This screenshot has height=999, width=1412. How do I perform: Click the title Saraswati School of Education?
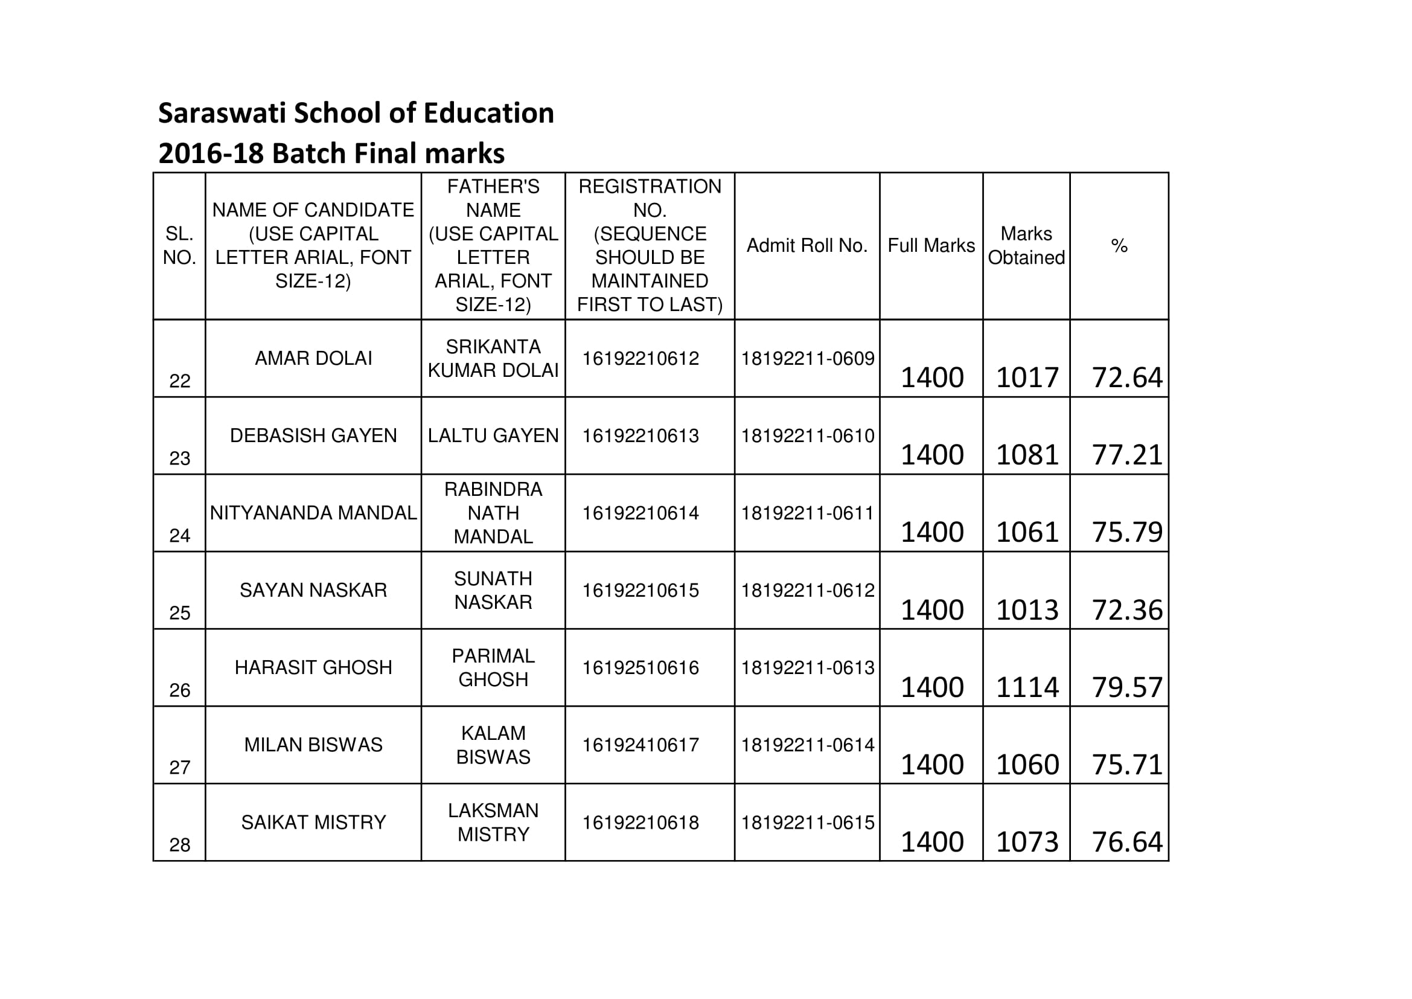click(x=356, y=113)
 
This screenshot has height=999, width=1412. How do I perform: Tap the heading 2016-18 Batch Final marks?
click(x=331, y=153)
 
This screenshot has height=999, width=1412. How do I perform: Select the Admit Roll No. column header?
click(x=807, y=245)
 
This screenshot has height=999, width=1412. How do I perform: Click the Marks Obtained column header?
click(x=1026, y=245)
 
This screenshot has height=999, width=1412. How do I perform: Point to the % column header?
click(x=1119, y=246)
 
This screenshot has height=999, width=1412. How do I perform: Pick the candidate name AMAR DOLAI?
click(x=313, y=358)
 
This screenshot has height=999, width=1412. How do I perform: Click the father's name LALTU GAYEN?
click(x=493, y=435)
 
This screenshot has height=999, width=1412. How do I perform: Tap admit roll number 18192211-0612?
click(x=807, y=591)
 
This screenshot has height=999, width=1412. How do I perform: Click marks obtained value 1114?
click(x=1027, y=687)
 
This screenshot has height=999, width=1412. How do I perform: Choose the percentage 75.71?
click(x=1126, y=765)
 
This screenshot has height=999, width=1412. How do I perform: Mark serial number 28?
click(x=179, y=844)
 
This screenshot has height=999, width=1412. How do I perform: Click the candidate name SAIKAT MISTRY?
click(x=313, y=822)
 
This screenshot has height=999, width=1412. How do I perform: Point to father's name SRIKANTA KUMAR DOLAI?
click(x=493, y=359)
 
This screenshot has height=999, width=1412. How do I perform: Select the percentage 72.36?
click(x=1126, y=610)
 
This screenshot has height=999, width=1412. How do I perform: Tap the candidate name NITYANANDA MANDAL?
click(x=313, y=512)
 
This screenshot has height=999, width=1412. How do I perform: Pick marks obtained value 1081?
click(x=1027, y=455)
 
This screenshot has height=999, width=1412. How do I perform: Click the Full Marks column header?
click(x=931, y=245)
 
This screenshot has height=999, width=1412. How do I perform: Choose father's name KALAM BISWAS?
click(x=493, y=745)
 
